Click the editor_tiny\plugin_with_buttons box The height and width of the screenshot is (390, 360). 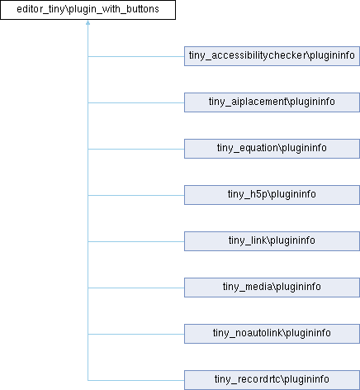88,10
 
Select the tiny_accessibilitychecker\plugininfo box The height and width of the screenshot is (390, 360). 272,56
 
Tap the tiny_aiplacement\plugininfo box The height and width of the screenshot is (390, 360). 272,102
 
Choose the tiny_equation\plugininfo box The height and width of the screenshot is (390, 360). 272,149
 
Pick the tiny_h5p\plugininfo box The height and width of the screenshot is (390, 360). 272,195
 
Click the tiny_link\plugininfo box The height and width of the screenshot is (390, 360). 272,241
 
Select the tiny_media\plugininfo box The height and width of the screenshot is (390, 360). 272,288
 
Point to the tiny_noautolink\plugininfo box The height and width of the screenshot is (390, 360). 272,334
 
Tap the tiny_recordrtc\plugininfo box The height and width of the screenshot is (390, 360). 272,380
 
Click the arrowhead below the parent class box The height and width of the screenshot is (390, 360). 88,22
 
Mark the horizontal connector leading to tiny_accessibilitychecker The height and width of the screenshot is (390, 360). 136,56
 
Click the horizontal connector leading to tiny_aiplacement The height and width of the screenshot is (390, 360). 136,102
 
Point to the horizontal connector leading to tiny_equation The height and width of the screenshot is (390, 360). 136,149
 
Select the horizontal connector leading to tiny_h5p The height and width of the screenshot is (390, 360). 136,195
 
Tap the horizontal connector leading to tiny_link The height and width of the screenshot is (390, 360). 136,241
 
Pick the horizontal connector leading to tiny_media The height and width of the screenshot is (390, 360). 136,288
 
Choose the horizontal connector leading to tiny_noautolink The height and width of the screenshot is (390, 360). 136,334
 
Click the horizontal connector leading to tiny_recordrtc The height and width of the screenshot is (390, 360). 136,380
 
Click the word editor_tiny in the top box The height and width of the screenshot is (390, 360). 40,9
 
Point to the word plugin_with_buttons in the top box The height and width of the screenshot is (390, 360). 114,9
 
